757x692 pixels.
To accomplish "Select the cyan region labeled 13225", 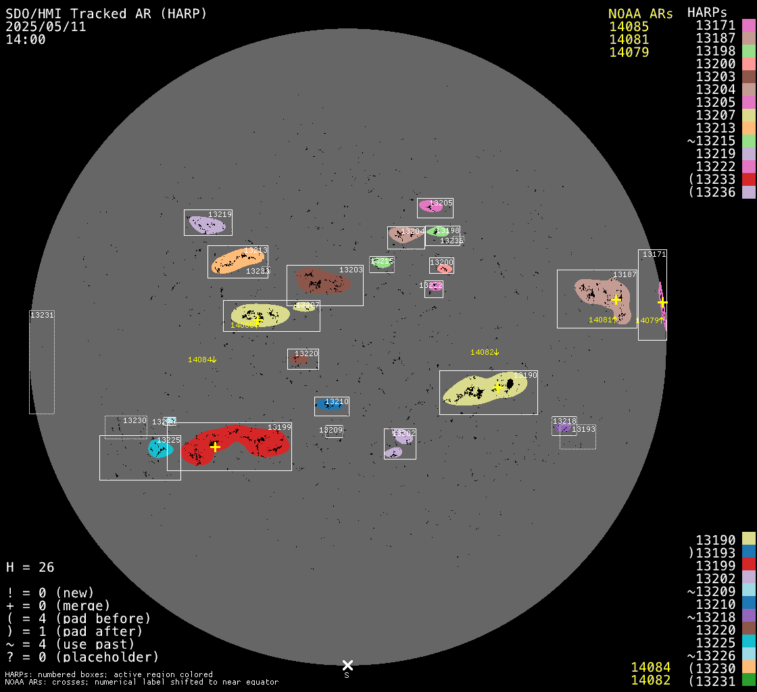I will pyautogui.click(x=160, y=449).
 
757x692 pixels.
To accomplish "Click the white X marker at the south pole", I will pyautogui.click(x=347, y=666).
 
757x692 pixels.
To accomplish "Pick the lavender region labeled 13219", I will pyautogui.click(x=205, y=225).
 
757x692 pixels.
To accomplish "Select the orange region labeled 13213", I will pyautogui.click(x=237, y=262).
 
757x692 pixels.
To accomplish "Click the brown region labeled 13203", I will pyautogui.click(x=322, y=280).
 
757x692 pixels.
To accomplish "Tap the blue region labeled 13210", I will pyautogui.click(x=329, y=405).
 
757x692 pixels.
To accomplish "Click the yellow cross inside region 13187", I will pyautogui.click(x=616, y=299).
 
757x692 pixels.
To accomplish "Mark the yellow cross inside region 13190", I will pyautogui.click(x=498, y=387).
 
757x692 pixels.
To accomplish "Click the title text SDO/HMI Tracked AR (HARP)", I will pyautogui.click(x=106, y=14).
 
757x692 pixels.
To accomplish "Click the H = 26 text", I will pyautogui.click(x=30, y=567).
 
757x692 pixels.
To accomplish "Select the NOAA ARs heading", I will pyautogui.click(x=640, y=14).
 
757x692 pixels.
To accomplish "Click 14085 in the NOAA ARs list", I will pyautogui.click(x=629, y=27).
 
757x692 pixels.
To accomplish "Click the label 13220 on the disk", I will pyautogui.click(x=306, y=353).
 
